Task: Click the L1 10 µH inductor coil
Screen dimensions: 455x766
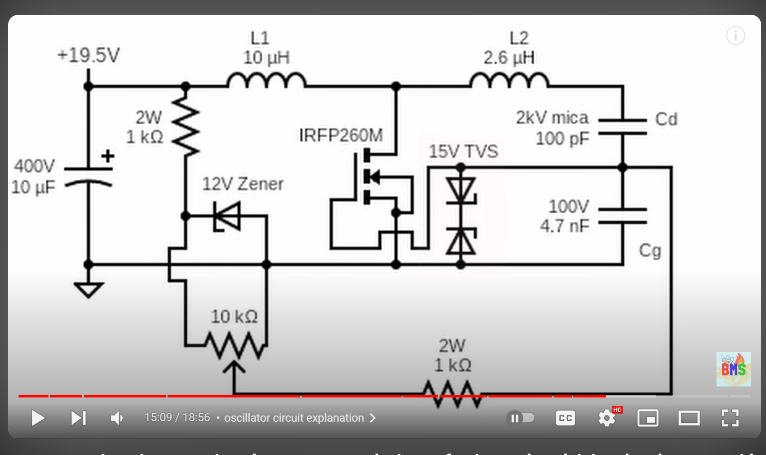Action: (x=266, y=81)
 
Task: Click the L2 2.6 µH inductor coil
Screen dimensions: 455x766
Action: (x=509, y=81)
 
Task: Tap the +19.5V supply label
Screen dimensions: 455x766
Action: (x=88, y=55)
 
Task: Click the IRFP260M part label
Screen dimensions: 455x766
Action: (x=341, y=136)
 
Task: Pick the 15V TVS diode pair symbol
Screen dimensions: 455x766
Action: (x=461, y=217)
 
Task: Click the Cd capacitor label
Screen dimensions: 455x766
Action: (x=666, y=119)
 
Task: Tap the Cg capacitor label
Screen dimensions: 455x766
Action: (x=650, y=250)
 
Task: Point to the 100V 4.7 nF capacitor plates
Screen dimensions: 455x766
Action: (x=622, y=216)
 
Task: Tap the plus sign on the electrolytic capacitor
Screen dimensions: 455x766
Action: (x=108, y=156)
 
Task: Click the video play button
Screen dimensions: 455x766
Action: (x=38, y=418)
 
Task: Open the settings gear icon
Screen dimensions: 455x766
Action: (x=607, y=418)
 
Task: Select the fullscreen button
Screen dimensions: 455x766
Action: (x=730, y=418)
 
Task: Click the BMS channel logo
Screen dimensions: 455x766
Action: (x=733, y=369)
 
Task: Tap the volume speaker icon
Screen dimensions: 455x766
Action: (x=117, y=418)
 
